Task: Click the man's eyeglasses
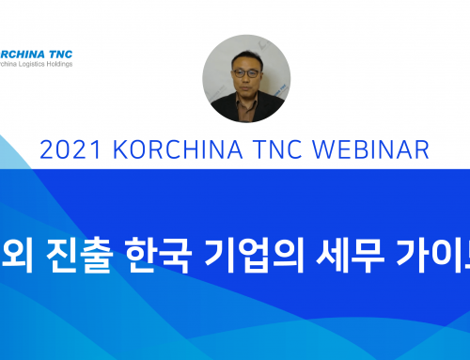(241, 70)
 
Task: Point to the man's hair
(242, 53)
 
